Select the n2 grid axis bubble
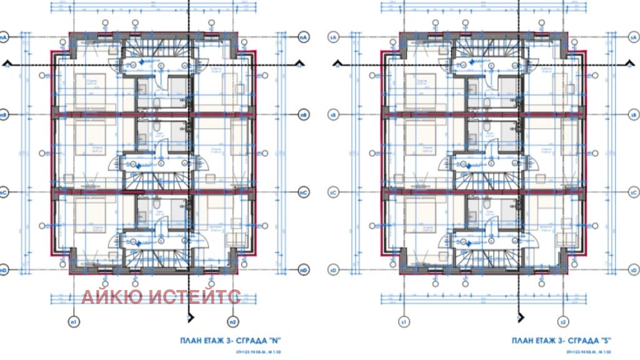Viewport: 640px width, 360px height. point(232,322)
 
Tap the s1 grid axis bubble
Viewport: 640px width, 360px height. point(404,322)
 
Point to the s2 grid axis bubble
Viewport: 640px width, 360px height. point(563,322)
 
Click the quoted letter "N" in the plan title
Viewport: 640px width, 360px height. point(273,341)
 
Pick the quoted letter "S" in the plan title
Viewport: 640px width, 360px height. point(604,341)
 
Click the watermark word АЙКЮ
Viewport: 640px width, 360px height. point(111,297)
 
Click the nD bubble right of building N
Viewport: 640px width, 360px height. point(303,271)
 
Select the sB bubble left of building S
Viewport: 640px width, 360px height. point(333,116)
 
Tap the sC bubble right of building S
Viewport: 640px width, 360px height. point(633,192)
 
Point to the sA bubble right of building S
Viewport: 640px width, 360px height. point(633,37)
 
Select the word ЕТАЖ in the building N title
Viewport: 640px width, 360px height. point(213,341)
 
